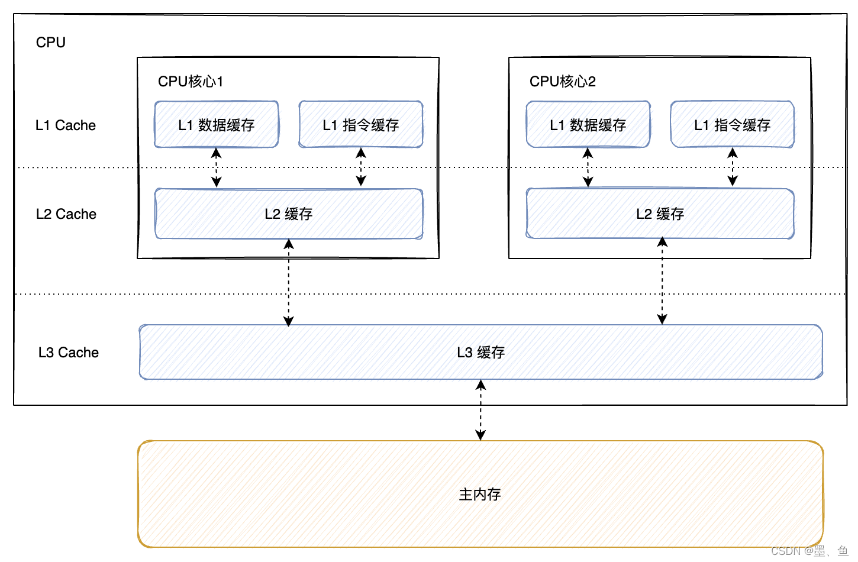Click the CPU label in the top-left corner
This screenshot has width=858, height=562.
point(50,43)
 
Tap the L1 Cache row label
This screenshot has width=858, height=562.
point(65,125)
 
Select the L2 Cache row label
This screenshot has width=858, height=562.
point(66,214)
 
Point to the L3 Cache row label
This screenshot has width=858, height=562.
point(68,353)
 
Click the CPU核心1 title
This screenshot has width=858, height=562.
point(191,81)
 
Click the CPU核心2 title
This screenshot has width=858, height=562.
point(562,81)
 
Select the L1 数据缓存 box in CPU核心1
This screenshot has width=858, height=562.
point(217,125)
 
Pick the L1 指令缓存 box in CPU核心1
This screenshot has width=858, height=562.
point(361,125)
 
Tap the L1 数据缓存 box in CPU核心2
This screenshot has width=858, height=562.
point(588,125)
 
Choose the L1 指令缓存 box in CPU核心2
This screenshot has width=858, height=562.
point(733,125)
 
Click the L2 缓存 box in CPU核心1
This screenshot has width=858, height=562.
point(289,214)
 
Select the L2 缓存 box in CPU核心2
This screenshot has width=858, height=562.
point(660,214)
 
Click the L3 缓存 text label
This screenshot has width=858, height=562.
point(480,353)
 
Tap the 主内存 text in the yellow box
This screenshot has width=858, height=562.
point(480,494)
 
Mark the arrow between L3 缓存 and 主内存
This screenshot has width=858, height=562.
point(481,410)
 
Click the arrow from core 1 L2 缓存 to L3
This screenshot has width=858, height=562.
point(289,282)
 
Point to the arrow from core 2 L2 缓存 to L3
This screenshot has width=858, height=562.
point(662,281)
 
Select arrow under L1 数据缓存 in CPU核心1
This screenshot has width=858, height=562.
point(217,167)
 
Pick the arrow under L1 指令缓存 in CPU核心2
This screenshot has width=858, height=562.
point(733,167)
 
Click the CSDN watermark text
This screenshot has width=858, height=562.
point(809,551)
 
